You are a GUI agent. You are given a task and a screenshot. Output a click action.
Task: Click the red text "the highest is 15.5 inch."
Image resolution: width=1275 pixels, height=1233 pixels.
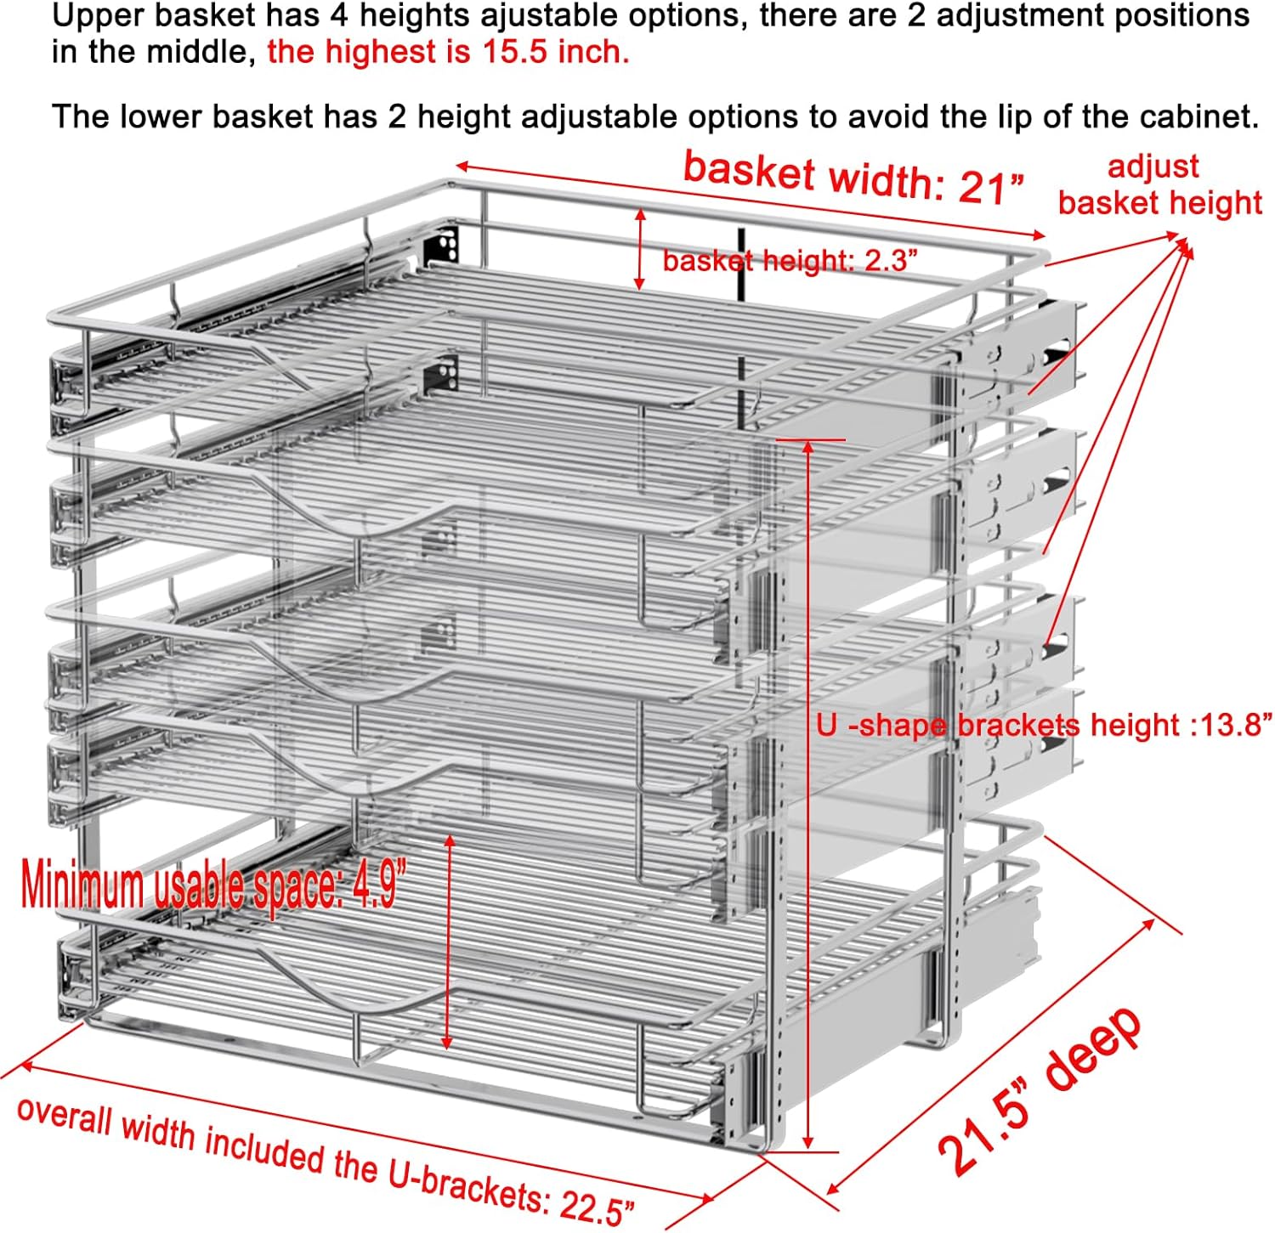click(448, 53)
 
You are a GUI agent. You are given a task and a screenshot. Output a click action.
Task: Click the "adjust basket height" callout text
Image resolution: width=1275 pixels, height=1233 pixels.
click(1159, 185)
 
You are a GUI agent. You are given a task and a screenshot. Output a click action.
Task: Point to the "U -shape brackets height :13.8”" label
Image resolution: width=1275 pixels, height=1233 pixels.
click(1044, 725)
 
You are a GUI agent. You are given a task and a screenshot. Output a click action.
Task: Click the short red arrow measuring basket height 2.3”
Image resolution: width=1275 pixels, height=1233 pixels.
click(641, 251)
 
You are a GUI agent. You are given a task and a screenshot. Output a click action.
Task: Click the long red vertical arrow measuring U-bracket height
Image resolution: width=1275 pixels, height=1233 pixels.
click(808, 795)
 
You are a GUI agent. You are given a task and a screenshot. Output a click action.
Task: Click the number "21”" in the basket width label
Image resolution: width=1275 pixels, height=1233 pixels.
click(991, 187)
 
